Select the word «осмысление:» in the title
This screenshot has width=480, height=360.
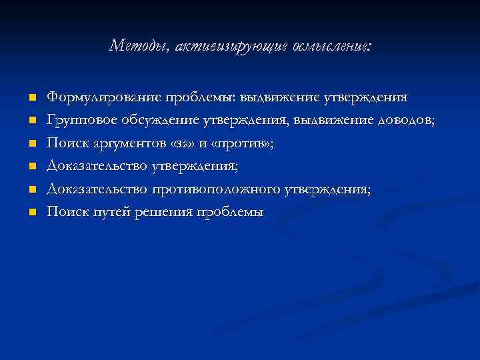click(x=329, y=46)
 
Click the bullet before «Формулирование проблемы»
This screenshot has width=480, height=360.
click(x=31, y=97)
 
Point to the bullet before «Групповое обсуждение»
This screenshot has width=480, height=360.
click(x=31, y=121)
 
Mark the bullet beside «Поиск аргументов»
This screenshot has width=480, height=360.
click(x=31, y=143)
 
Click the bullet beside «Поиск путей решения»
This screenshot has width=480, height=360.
click(x=31, y=213)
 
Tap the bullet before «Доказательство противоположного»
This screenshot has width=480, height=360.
click(x=31, y=189)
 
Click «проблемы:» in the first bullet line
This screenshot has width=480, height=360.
click(x=197, y=97)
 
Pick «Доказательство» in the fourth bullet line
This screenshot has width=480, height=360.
click(x=97, y=167)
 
